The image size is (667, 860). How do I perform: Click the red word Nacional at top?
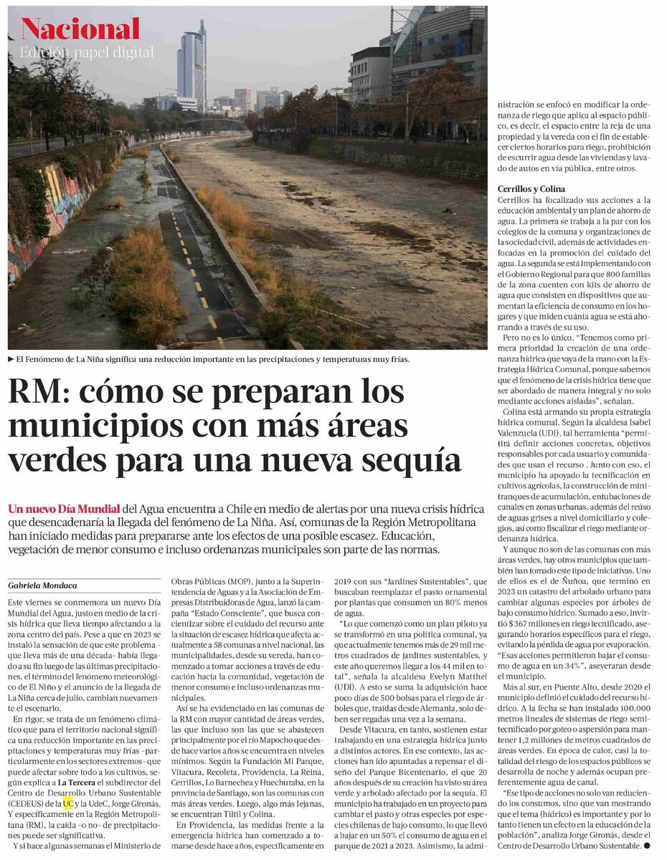(80, 29)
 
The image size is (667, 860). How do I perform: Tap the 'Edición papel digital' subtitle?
(86, 52)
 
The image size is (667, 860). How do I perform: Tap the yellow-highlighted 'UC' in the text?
(68, 803)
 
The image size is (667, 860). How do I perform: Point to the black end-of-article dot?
(647, 846)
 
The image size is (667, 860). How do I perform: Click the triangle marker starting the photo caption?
(11, 359)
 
